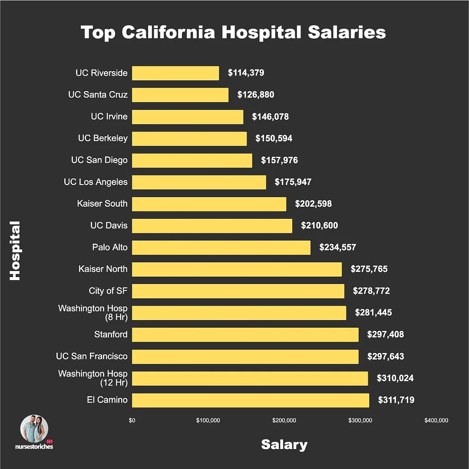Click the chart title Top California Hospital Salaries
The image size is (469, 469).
[x=234, y=33]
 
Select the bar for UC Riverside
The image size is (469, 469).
[x=175, y=73]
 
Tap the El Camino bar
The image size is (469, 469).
[x=250, y=400]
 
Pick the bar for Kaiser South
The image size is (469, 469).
[x=209, y=204]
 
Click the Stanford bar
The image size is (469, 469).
[x=245, y=334]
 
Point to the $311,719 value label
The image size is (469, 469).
[x=396, y=400]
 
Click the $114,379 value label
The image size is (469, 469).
[x=246, y=73]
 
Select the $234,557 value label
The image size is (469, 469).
[x=338, y=247]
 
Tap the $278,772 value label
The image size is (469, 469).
[x=371, y=291]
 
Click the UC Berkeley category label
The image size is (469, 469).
[x=103, y=138]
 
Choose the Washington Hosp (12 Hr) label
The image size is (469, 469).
[x=93, y=378]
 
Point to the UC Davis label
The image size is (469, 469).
[x=109, y=226]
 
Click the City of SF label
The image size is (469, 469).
[x=108, y=291]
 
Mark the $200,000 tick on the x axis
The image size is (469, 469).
[x=284, y=420]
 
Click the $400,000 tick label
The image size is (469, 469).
[x=436, y=420]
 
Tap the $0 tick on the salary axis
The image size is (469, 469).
[x=132, y=420]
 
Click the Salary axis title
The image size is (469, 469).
[x=284, y=444]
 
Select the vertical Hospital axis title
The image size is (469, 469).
[x=15, y=250]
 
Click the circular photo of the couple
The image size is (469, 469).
[x=34, y=428]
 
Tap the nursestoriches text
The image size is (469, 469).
[x=34, y=447]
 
